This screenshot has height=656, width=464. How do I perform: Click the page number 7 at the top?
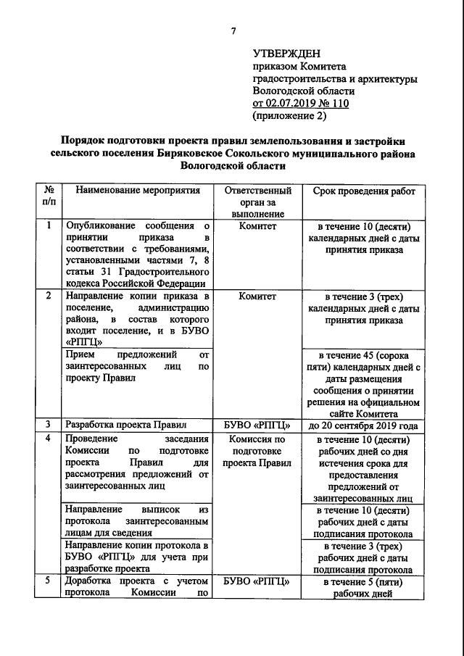pos(233,30)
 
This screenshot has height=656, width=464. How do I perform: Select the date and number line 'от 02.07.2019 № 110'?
pos(300,104)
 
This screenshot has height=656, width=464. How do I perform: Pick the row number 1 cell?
pos(48,225)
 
